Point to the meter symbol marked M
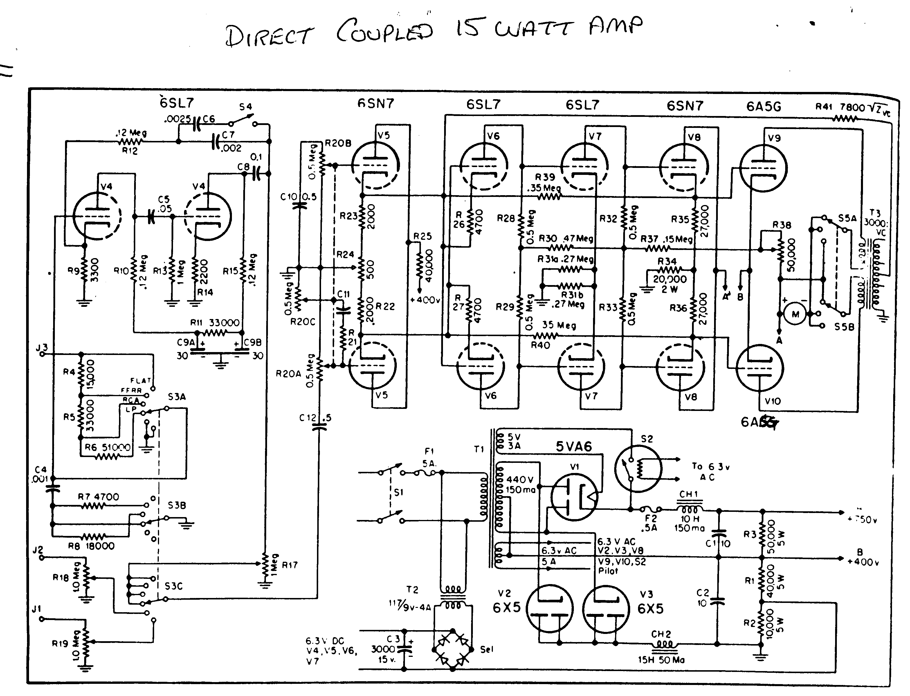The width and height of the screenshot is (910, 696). click(795, 314)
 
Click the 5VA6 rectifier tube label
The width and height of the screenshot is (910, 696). click(574, 447)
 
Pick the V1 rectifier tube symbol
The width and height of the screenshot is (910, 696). click(575, 497)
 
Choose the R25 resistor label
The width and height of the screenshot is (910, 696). click(422, 236)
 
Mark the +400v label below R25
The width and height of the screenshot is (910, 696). click(425, 300)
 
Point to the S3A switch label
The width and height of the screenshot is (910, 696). click(177, 397)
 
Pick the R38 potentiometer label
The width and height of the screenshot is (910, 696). click(781, 225)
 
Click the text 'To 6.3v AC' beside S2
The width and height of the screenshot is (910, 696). click(710, 472)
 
